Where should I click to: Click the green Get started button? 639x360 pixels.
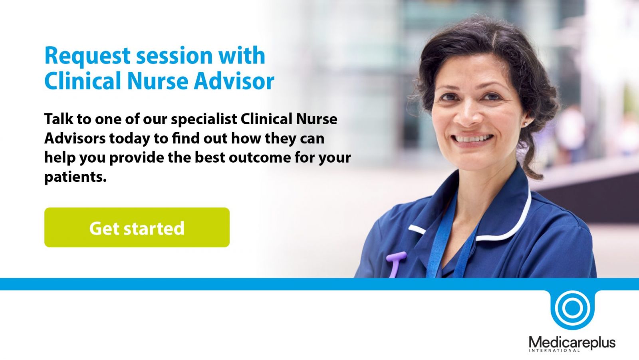pyautogui.click(x=137, y=227)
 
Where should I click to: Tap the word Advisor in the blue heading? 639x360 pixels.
pyautogui.click(x=234, y=81)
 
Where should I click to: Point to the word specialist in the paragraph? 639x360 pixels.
pyautogui.click(x=204, y=119)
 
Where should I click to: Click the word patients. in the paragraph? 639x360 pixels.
pyautogui.click(x=75, y=177)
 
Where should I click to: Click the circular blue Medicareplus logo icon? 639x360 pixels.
pyautogui.click(x=572, y=308)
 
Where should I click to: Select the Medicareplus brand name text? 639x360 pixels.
pyautogui.click(x=572, y=342)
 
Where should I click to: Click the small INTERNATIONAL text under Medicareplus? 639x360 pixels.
pyautogui.click(x=554, y=351)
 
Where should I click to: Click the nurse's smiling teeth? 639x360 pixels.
pyautogui.click(x=473, y=139)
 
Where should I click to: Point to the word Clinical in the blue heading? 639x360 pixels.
pyautogui.click(x=82, y=81)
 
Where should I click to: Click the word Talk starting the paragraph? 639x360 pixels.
pyautogui.click(x=59, y=119)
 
